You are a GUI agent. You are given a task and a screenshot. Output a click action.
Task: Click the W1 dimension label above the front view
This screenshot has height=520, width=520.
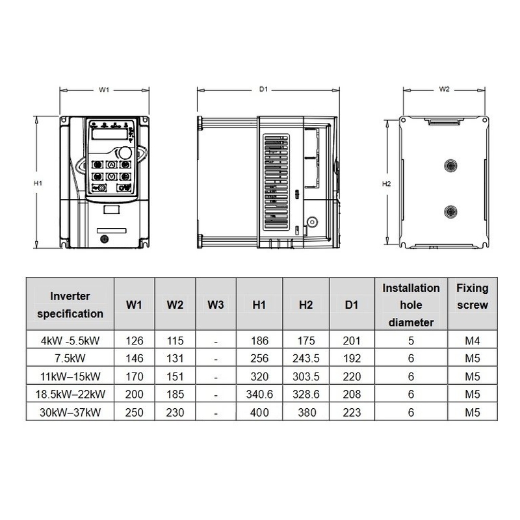pyautogui.click(x=104, y=90)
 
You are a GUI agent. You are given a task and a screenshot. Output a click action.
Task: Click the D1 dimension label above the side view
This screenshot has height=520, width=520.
pyautogui.click(x=264, y=90)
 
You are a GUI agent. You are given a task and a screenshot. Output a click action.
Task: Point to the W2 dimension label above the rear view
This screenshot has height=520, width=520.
pyautogui.click(x=445, y=90)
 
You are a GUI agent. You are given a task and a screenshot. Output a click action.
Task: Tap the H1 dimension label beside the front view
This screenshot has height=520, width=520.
pyautogui.click(x=38, y=184)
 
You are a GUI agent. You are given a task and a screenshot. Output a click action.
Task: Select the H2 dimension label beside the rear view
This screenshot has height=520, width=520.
pyautogui.click(x=386, y=184)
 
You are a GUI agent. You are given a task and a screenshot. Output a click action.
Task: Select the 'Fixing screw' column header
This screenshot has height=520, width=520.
pyautogui.click(x=472, y=296)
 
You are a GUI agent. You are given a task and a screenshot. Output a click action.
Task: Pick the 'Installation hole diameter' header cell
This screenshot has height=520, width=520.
pyautogui.click(x=411, y=304)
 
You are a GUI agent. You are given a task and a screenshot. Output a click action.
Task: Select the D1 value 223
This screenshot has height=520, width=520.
pyautogui.click(x=352, y=412)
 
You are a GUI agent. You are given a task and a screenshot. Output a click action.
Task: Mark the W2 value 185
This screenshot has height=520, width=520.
pyautogui.click(x=175, y=395)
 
